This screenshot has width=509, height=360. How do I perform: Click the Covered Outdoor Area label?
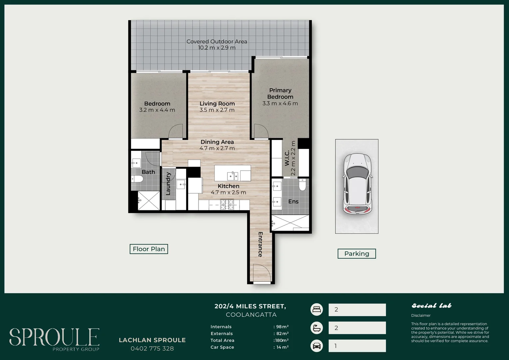point(217,41)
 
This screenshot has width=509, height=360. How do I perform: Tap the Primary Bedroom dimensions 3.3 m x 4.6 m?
point(280,103)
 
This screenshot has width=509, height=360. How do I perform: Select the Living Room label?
point(217,104)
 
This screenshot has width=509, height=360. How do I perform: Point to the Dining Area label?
point(217,142)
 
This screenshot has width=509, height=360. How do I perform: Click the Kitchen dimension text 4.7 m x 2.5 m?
point(229,192)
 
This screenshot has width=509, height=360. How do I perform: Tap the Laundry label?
point(168,184)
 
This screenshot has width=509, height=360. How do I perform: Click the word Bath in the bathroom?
point(148,172)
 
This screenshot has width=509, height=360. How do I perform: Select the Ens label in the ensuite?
point(293,201)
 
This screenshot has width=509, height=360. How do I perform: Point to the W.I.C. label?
point(287,158)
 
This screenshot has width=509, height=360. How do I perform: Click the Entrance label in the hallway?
point(260,244)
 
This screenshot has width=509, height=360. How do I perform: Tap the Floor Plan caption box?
point(149,249)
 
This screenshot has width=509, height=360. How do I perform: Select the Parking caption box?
point(357,254)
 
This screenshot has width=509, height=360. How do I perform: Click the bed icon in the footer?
point(316,309)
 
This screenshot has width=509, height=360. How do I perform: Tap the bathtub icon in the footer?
point(316,328)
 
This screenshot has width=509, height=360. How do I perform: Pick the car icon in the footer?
point(316,346)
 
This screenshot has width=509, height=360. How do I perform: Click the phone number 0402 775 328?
point(152,349)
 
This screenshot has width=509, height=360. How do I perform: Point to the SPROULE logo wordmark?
point(54,337)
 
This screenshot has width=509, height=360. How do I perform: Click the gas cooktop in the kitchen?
point(227,204)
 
